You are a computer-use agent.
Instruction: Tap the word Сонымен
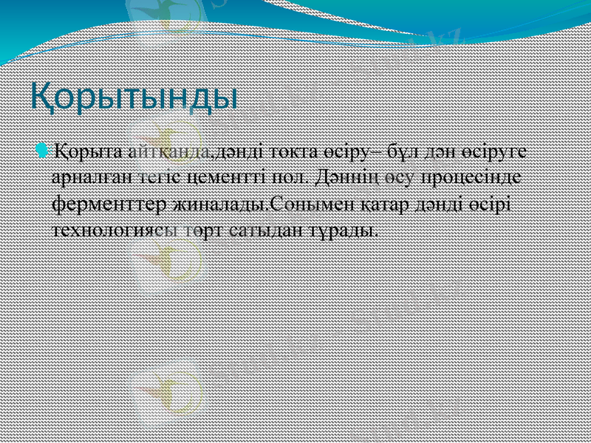pyautogui.click(x=300, y=203)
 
